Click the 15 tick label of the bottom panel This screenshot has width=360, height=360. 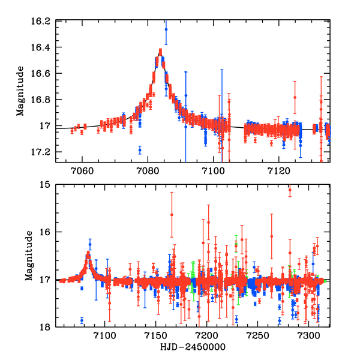(x=47, y=185)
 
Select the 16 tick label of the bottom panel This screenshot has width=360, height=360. (x=47, y=232)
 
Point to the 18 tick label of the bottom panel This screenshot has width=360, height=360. (x=47, y=327)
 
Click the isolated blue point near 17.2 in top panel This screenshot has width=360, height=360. (x=140, y=150)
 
